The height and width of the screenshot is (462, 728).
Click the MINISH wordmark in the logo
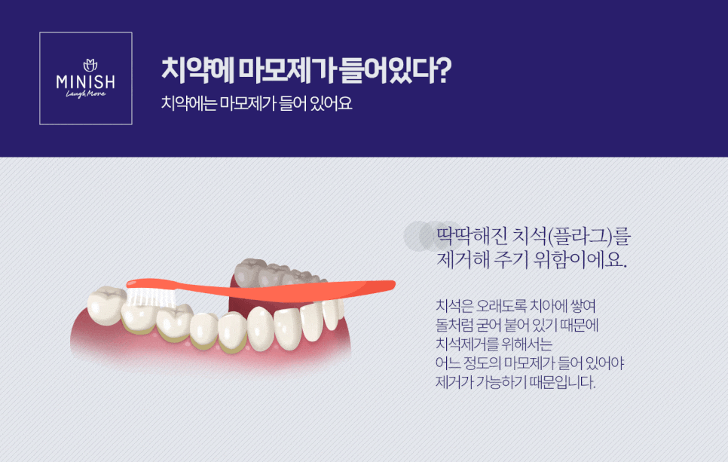coord(85,82)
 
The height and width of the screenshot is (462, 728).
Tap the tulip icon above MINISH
coord(90,65)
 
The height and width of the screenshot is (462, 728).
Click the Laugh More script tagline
coord(86,94)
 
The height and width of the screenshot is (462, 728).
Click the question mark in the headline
coord(445,70)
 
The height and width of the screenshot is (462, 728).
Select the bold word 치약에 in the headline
coord(197,71)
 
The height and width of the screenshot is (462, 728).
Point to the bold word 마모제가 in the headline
coord(288,71)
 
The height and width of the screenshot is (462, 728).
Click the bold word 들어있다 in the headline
coord(387,71)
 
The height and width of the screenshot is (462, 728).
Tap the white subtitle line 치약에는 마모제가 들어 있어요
coord(257,103)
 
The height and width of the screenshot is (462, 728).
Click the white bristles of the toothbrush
coord(151,297)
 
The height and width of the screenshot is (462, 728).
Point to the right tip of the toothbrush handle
coord(395,283)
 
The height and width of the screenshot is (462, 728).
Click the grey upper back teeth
coord(274,273)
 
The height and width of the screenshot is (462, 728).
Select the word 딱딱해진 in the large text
coord(472,237)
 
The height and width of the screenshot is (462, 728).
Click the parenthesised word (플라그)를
coord(589,237)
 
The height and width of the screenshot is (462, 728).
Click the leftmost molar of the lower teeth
coord(106,305)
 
